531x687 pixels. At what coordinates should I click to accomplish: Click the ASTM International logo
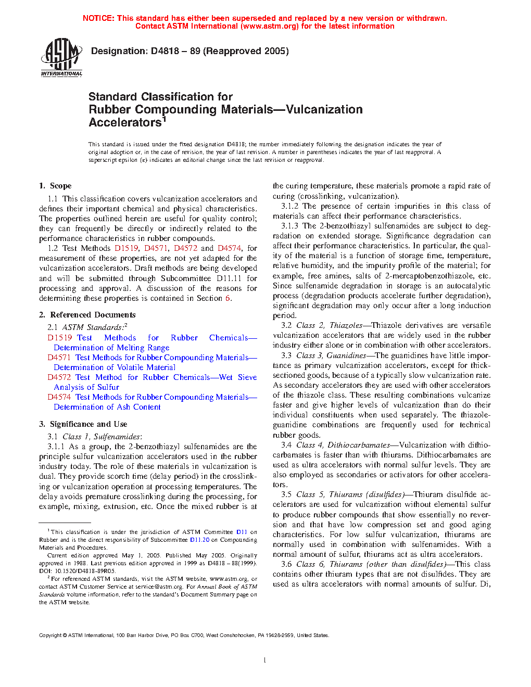(61, 57)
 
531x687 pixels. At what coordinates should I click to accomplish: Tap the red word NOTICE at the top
(98, 18)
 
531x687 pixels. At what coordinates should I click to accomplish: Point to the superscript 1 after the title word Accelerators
(164, 119)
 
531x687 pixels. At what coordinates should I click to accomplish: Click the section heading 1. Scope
(55, 186)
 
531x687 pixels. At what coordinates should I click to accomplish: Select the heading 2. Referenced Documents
(87, 315)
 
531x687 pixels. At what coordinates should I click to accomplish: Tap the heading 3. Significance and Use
(83, 424)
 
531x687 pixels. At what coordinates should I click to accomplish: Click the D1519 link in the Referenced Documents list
(59, 338)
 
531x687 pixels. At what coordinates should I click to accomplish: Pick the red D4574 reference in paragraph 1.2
(229, 248)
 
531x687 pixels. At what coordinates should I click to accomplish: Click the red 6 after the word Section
(227, 298)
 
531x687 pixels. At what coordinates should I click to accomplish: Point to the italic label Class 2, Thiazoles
(329, 325)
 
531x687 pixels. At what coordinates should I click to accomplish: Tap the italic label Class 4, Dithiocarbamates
(343, 445)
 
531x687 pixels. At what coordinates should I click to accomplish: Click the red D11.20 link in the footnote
(199, 540)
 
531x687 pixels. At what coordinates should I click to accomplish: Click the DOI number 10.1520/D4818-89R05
(83, 571)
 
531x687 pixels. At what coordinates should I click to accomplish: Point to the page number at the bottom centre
(265, 660)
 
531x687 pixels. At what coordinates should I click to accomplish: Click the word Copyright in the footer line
(50, 635)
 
